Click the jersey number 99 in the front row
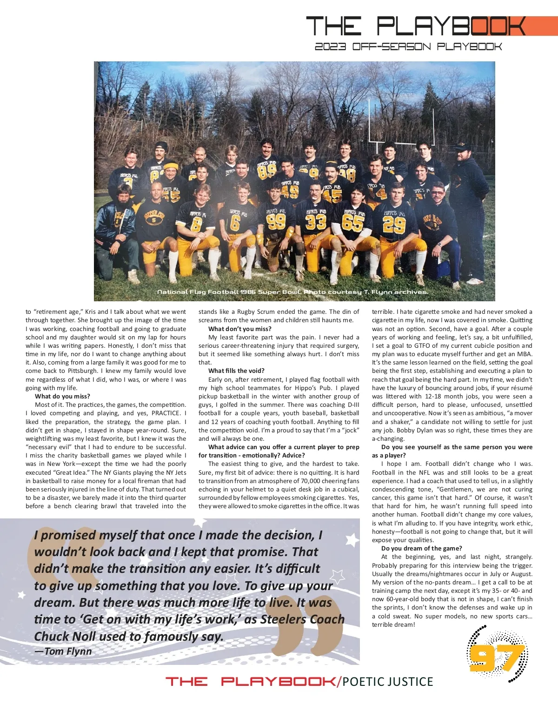pos(276,221)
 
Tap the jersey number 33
pos(316,222)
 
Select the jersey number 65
pos(352,223)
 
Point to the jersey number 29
pos(394,224)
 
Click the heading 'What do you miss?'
pos(62,396)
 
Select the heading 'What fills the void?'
pos(236,371)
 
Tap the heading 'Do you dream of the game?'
pos(421,548)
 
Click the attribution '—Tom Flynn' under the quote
pos(63,651)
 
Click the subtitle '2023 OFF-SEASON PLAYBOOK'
pos(408,46)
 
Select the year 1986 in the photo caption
pos(248,292)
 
